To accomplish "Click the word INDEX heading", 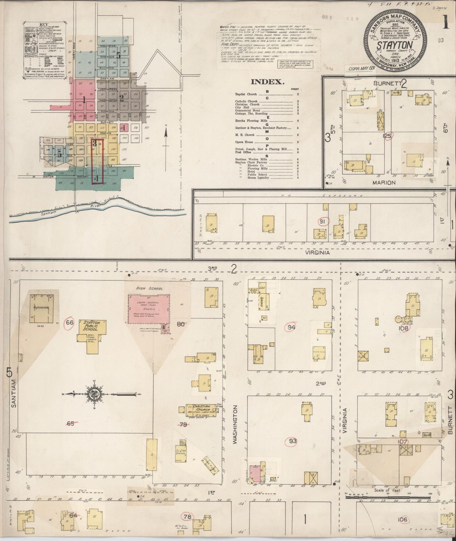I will [266, 82].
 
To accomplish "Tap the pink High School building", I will [148, 309].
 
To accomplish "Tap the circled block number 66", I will [69, 323].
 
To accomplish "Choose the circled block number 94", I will [291, 327].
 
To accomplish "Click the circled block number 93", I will [293, 441].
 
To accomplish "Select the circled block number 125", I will [387, 136].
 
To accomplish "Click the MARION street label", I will [384, 182].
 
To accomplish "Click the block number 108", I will [404, 328].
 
